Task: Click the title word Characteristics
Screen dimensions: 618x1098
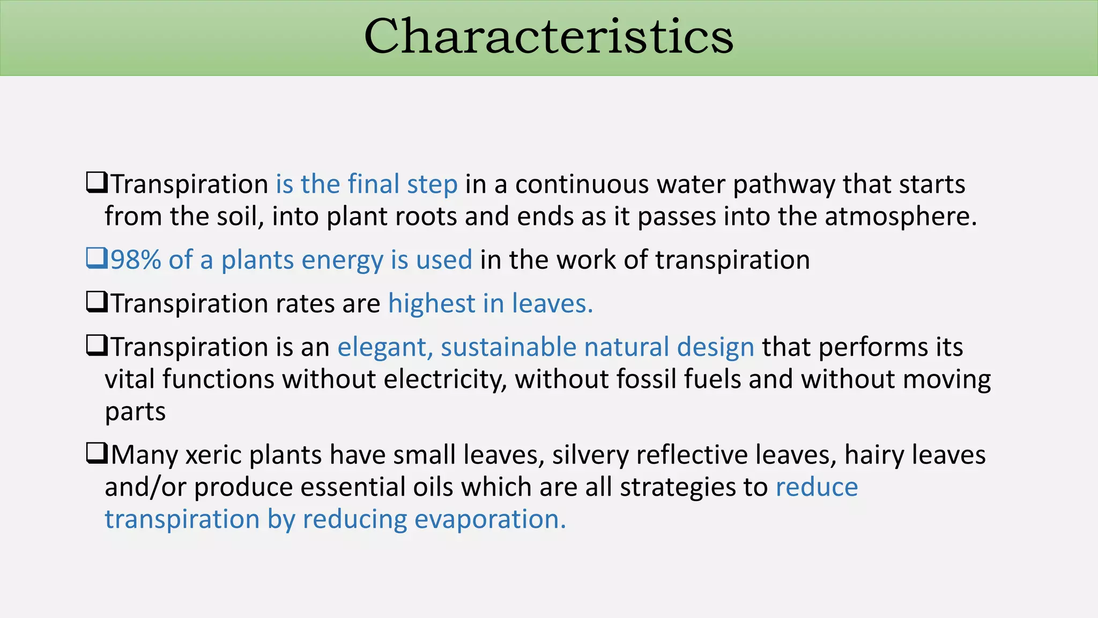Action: pos(548,36)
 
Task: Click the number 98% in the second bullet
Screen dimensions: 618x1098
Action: pos(136,260)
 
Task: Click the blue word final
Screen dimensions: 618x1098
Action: pos(373,184)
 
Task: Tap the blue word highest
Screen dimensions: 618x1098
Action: pos(432,304)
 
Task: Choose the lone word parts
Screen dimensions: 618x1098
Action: pos(135,412)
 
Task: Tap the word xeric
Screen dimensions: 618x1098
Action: pos(213,455)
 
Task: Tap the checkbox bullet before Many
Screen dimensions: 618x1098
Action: pos(97,453)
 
